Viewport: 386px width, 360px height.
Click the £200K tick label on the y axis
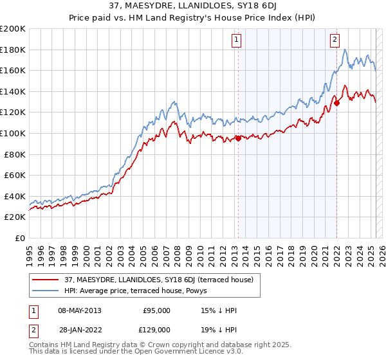pos(13,29)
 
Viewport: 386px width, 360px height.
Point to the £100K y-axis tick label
pos(13,133)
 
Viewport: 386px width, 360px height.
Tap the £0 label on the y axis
pos(20,238)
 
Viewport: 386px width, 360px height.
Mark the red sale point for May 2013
pos(237,138)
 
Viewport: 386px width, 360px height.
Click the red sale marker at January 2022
pos(336,102)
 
